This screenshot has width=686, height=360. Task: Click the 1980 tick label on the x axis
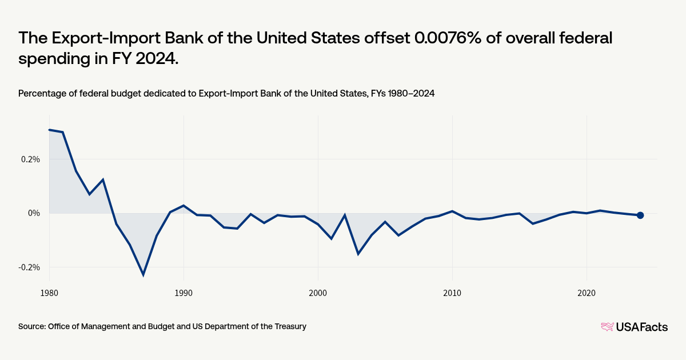coord(49,292)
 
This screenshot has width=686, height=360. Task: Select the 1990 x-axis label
coord(184,292)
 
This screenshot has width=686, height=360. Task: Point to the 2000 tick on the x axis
coord(318,292)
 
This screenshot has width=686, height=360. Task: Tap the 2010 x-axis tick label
coord(452,292)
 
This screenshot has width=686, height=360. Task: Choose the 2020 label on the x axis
coord(587,292)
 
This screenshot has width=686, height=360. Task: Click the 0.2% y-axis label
coord(31,159)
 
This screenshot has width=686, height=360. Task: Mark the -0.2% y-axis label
coord(30,267)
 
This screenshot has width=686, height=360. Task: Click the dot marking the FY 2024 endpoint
coord(640,215)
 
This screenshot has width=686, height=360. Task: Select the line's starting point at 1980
coord(49,130)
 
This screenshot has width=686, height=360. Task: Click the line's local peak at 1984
coord(103,179)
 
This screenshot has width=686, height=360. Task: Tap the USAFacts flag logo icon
coord(607,327)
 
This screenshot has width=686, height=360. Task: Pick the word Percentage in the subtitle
coord(40,94)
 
